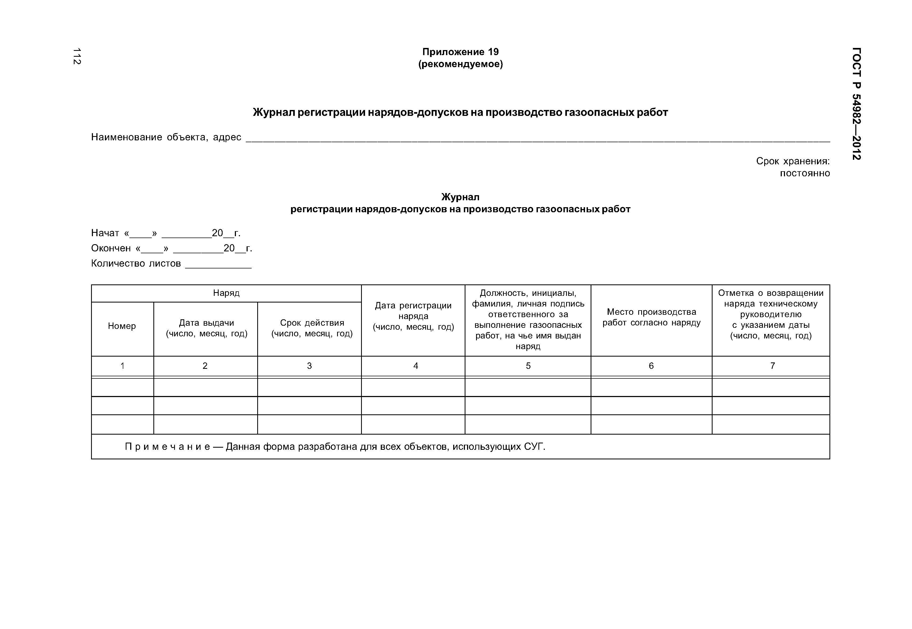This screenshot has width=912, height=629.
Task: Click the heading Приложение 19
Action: click(460, 52)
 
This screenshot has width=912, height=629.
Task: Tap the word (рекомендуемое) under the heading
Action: click(460, 64)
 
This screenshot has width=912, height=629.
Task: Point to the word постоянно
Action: click(805, 173)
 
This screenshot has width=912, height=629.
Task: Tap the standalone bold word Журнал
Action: click(460, 197)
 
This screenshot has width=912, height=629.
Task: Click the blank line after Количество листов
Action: click(218, 265)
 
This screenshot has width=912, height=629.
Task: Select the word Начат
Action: click(105, 233)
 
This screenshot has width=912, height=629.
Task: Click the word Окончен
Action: click(111, 248)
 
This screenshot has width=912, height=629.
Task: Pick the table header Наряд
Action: click(226, 293)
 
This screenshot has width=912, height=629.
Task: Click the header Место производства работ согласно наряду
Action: click(651, 317)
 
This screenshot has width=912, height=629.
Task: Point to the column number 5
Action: click(528, 366)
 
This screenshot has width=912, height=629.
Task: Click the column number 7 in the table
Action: click(772, 366)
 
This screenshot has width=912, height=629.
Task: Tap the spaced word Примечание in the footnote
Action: click(167, 447)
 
